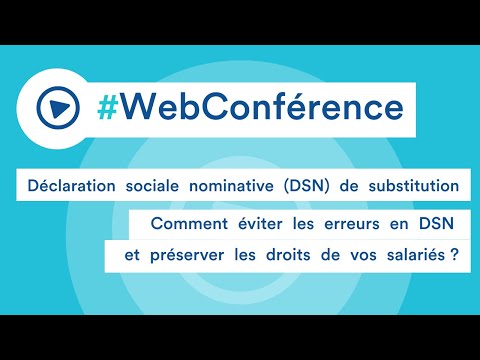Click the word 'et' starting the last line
pos(127,255)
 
